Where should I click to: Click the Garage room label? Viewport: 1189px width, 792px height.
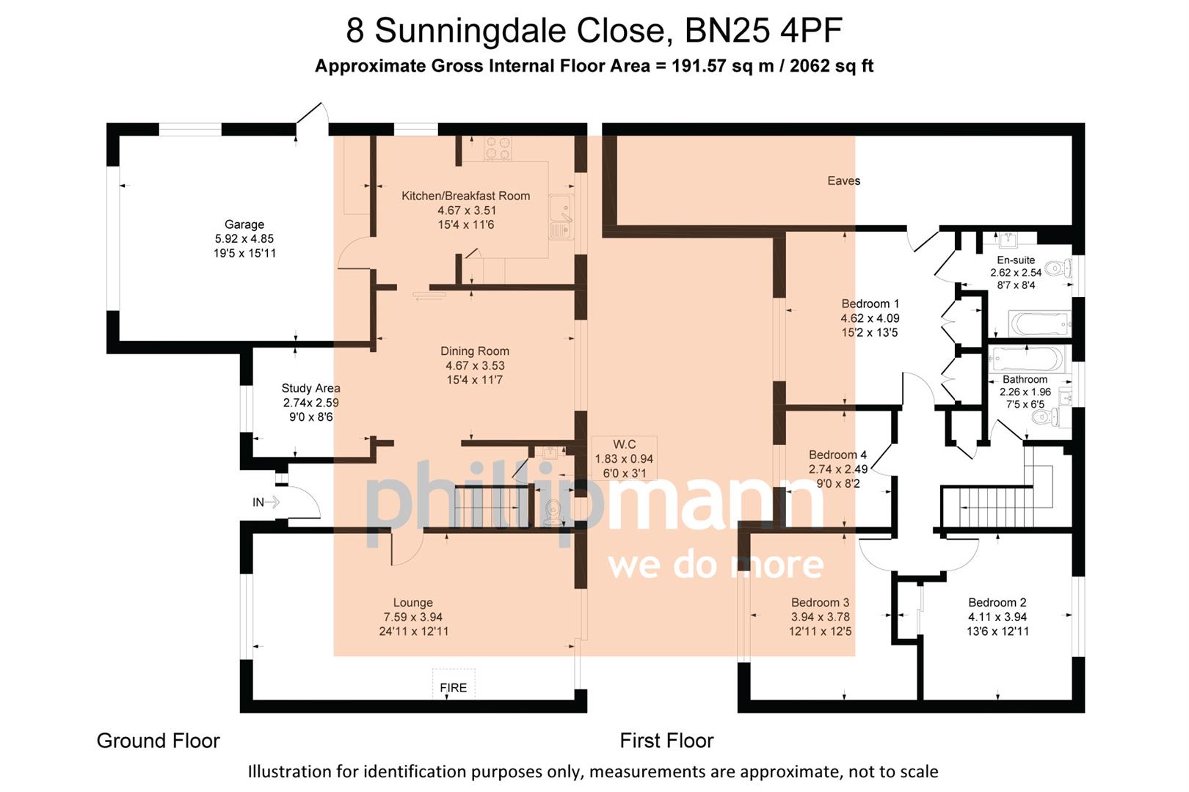point(244,224)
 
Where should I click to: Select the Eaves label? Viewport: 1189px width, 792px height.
point(843,180)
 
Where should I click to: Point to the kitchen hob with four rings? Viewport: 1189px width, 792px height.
point(498,150)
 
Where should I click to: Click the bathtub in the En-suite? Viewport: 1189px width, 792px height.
point(1039,323)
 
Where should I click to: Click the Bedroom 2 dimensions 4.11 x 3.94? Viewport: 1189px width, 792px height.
point(997,617)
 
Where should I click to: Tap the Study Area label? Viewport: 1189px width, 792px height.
point(310,388)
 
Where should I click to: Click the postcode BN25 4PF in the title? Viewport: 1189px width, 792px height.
point(763,31)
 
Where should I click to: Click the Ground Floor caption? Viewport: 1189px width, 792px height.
point(158,741)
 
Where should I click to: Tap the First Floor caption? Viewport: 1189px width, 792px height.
point(666,741)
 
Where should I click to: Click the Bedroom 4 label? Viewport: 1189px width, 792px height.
point(837,455)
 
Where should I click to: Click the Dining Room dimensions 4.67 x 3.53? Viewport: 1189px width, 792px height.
point(474,365)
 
